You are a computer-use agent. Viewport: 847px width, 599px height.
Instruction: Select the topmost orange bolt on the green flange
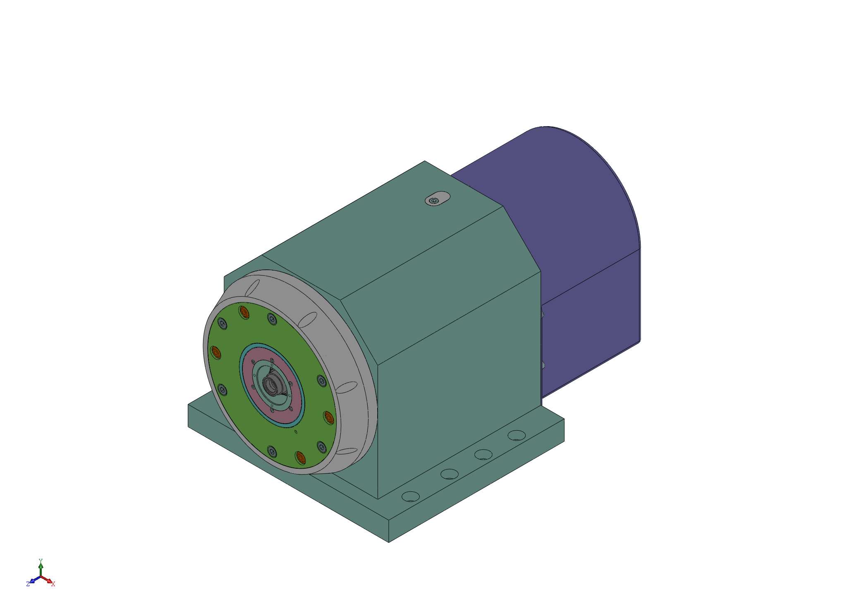pos(244,312)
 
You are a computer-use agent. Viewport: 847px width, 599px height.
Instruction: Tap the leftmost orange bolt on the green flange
pos(216,352)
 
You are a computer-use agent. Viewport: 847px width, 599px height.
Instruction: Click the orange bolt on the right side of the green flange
pos(329,418)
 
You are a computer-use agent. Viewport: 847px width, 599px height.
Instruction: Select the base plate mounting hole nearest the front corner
pos(411,496)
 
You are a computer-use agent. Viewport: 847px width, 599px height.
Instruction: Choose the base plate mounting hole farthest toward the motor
pos(517,435)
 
